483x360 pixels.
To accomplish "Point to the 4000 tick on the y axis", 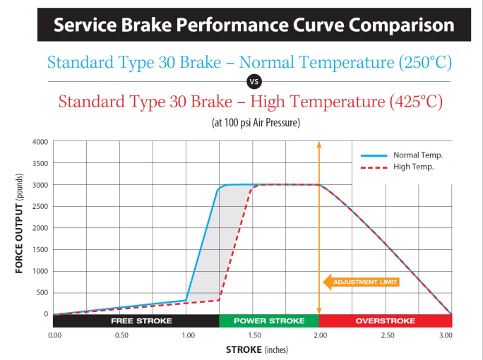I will tap(40, 142).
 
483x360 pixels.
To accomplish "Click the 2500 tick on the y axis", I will tap(40, 206).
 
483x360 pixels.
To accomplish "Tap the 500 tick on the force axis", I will tap(42, 292).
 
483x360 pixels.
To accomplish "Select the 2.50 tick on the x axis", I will tap(388, 336).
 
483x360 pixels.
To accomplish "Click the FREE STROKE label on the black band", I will tap(141, 321).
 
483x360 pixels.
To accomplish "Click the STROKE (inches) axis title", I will tap(257, 349).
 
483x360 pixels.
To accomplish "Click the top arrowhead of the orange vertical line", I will tap(318, 145).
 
